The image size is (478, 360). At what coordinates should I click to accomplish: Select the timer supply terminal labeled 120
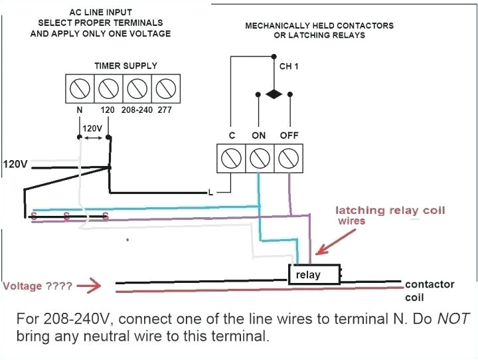[x=108, y=88]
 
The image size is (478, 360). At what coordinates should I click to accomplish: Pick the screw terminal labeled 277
[x=165, y=88]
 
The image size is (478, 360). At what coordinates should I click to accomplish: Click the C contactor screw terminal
[x=232, y=158]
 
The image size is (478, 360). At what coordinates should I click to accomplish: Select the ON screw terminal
[x=258, y=158]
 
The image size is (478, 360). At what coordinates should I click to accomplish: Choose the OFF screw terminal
[x=287, y=158]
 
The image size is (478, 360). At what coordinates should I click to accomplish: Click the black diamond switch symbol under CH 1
[x=273, y=95]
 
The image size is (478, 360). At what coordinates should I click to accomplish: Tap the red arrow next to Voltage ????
[x=88, y=287]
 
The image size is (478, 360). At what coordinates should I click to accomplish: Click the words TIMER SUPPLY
[x=125, y=66]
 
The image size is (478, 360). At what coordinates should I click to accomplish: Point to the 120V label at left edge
[x=15, y=164]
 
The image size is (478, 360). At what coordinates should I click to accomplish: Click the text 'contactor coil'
[x=430, y=290]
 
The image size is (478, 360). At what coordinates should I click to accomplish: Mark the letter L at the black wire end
[x=210, y=193]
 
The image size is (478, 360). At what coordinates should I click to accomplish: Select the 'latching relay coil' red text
[x=390, y=211]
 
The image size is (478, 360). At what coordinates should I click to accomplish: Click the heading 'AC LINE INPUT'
[x=100, y=13]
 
